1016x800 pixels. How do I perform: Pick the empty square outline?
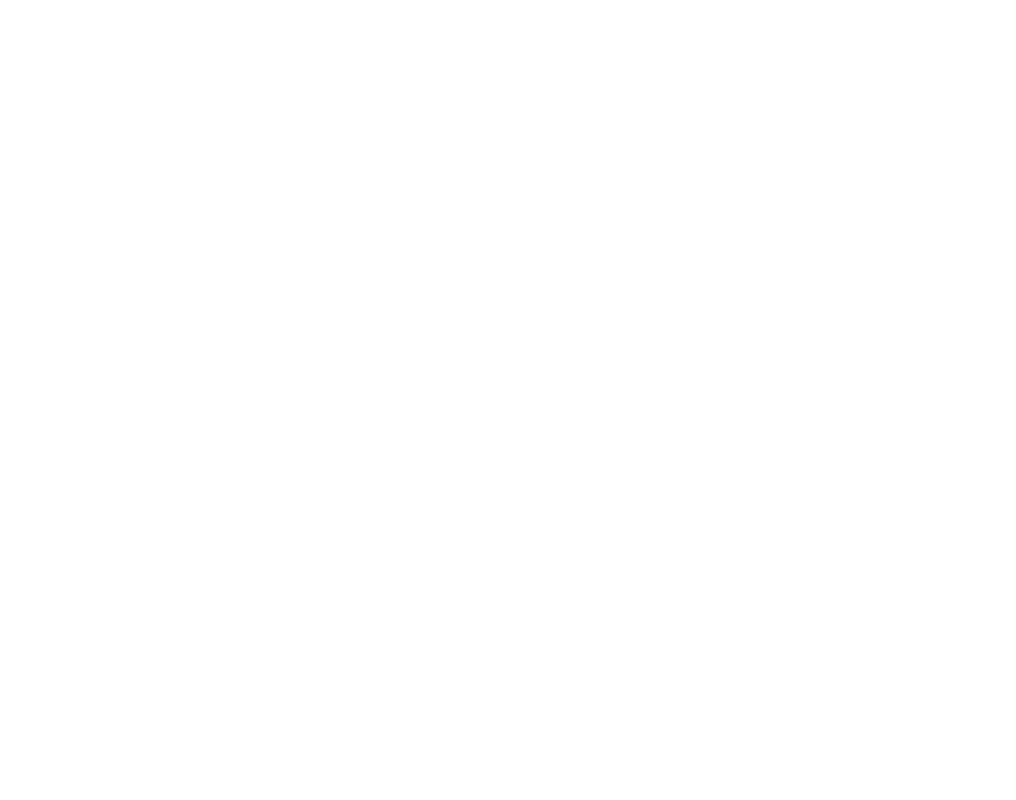click(x=918, y=412)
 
